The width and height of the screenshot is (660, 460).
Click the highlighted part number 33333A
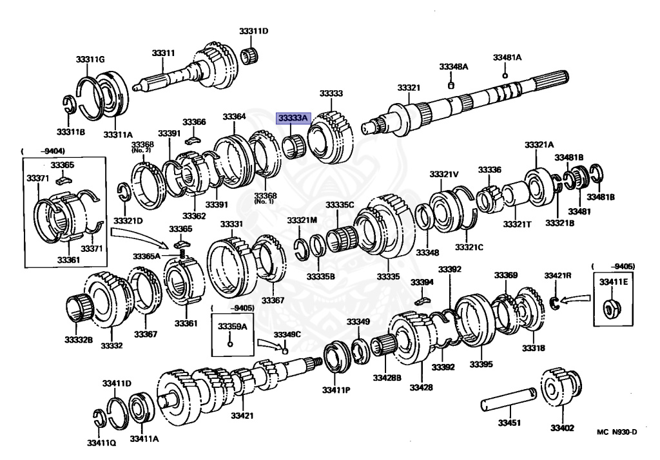[x=294, y=118]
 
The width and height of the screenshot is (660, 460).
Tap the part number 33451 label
[x=509, y=424]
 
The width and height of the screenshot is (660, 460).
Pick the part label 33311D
[x=255, y=32]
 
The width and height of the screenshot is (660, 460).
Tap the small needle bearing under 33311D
[x=250, y=55]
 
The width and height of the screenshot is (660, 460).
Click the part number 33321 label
[x=409, y=87]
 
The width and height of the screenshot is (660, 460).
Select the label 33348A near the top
[x=454, y=66]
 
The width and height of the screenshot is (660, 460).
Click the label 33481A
[x=507, y=57]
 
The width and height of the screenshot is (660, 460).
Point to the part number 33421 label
[x=243, y=416]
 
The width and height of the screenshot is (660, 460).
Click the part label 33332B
[x=78, y=339]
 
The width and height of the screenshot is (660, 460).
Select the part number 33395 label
[x=481, y=365]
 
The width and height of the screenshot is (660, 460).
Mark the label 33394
[x=422, y=282]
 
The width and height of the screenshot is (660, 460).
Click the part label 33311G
[x=90, y=59]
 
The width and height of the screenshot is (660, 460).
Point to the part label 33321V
[x=445, y=175]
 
